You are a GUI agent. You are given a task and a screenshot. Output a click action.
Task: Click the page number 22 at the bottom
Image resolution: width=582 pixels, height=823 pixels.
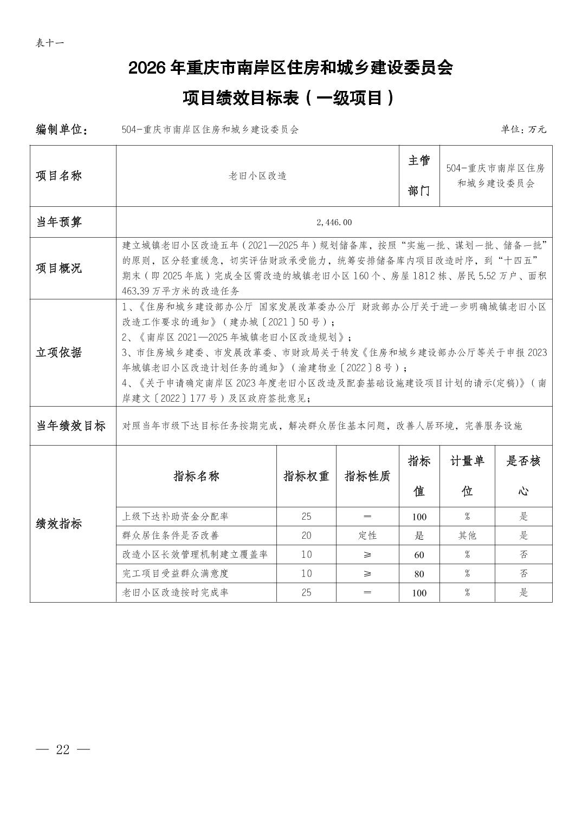click(x=63, y=749)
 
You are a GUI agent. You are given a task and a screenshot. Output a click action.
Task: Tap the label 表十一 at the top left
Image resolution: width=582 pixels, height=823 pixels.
click(x=50, y=43)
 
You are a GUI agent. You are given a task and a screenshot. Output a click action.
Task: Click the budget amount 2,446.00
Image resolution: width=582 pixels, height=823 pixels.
click(x=334, y=222)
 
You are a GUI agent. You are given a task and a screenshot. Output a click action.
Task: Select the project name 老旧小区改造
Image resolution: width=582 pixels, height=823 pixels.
click(x=257, y=176)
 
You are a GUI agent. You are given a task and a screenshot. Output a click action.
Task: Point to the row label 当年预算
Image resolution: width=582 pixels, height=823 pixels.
click(x=59, y=222)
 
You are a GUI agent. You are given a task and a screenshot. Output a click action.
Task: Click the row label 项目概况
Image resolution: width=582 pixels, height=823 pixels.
click(x=59, y=268)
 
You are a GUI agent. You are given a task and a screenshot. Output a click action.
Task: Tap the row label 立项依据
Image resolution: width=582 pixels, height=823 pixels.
click(x=59, y=352)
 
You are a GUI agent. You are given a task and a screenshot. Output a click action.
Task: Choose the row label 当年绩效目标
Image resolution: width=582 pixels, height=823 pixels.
click(x=71, y=426)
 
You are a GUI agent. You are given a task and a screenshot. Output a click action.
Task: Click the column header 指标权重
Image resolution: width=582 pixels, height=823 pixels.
click(x=306, y=476)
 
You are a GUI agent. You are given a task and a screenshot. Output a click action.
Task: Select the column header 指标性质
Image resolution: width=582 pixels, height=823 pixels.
click(x=367, y=476)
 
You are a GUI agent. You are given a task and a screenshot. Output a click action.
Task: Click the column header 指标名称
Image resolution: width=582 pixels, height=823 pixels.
click(x=196, y=476)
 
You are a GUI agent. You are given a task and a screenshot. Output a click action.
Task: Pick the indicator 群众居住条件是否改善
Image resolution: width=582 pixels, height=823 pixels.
click(x=171, y=535)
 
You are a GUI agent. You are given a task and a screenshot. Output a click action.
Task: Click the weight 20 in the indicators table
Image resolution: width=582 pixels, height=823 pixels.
click(x=306, y=535)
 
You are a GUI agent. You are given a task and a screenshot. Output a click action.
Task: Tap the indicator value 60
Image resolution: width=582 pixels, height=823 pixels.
click(x=419, y=555)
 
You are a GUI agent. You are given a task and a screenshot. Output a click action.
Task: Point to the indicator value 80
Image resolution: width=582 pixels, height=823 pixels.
click(x=419, y=574)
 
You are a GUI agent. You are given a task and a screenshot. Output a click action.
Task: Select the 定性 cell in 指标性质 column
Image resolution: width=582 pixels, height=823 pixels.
click(x=367, y=535)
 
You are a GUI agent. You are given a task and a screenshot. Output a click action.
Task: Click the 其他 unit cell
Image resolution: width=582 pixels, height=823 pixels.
click(x=467, y=535)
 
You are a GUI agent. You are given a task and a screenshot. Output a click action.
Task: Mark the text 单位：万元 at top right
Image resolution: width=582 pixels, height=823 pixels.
click(x=523, y=129)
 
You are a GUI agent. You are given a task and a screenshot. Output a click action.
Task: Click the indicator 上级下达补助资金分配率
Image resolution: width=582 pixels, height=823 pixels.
click(x=176, y=517)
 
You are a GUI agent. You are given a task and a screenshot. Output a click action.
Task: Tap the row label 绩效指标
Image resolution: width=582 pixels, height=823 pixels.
click(x=59, y=524)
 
